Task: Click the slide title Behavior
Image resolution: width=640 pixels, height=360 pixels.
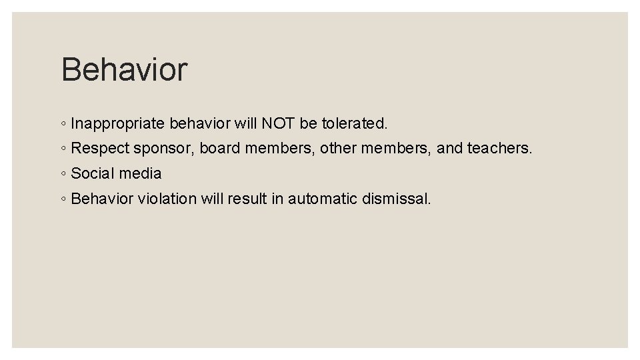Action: tap(124, 69)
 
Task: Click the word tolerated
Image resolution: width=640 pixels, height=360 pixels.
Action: tap(354, 123)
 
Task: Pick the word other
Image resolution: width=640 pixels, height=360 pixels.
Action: tap(337, 148)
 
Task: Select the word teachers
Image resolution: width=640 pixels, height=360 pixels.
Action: tap(499, 148)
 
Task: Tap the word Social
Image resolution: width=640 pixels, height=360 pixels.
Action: tap(92, 173)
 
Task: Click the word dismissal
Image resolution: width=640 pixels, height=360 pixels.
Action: tap(397, 198)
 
